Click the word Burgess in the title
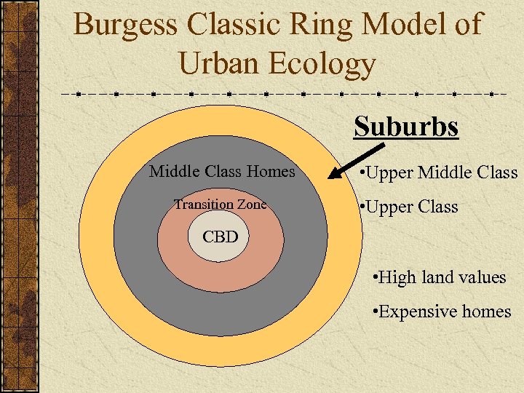(126, 25)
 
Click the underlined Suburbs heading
(406, 127)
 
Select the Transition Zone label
(220, 205)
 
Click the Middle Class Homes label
(222, 172)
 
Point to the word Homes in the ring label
(271, 172)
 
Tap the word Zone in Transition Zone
(251, 205)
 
